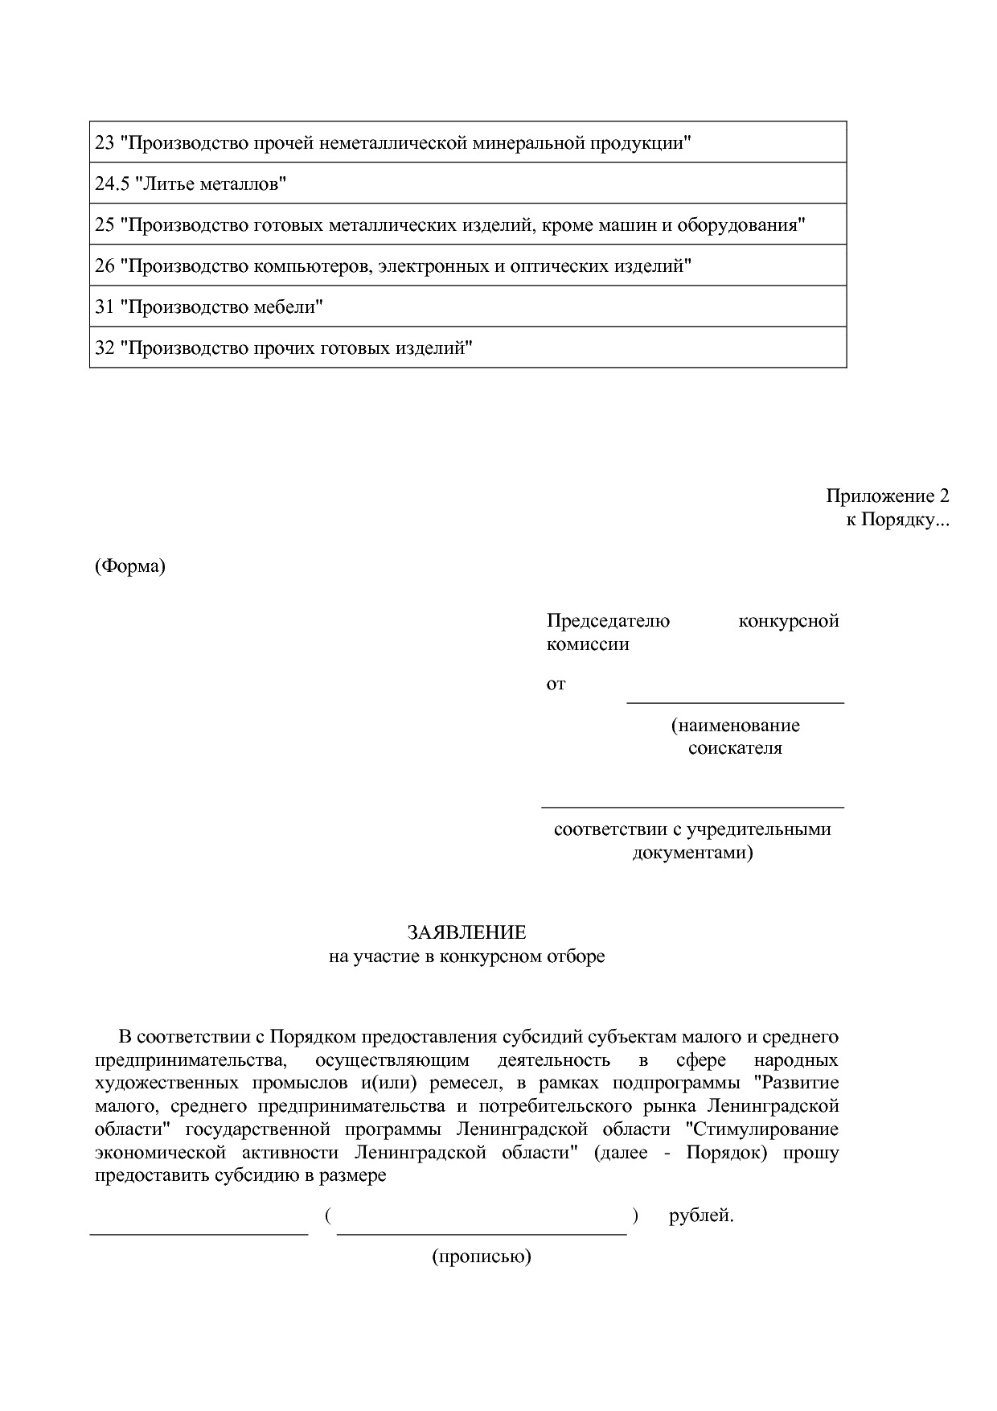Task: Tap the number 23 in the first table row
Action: (105, 143)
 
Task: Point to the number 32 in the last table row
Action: (105, 348)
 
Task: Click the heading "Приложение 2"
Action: (887, 496)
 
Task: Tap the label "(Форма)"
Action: (129, 566)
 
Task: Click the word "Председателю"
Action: (608, 621)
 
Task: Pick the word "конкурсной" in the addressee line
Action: (788, 621)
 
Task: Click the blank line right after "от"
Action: (735, 701)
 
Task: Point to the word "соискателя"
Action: (735, 748)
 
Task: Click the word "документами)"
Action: (692, 852)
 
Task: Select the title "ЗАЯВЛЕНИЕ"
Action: (466, 932)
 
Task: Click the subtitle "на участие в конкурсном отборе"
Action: (466, 956)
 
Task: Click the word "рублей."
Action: (701, 1216)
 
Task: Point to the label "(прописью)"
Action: (482, 1257)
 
